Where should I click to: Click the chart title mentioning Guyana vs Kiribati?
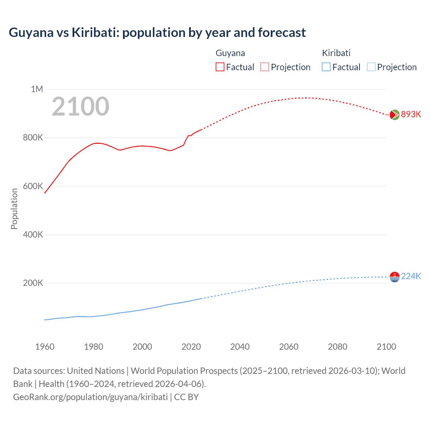pyautogui.click(x=157, y=33)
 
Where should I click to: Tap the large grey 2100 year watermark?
pyautogui.click(x=80, y=106)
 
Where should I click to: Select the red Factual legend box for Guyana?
pyautogui.click(x=220, y=67)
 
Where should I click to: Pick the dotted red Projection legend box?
pyautogui.click(x=265, y=67)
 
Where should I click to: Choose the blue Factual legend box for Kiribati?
pyautogui.click(x=326, y=67)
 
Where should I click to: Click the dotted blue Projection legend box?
pyautogui.click(x=371, y=67)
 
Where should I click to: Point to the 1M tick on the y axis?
pyautogui.click(x=37, y=89)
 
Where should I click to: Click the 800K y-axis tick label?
pyautogui.click(x=33, y=137)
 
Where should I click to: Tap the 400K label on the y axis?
pyautogui.click(x=33, y=234)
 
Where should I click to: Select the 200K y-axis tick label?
pyautogui.click(x=33, y=283)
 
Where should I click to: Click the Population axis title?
pyautogui.click(x=14, y=209)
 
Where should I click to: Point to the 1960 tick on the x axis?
pyautogui.click(x=45, y=347)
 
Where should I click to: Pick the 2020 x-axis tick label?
pyautogui.click(x=191, y=347)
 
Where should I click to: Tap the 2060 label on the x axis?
pyautogui.click(x=289, y=347)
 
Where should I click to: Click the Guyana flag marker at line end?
pyautogui.click(x=394, y=115)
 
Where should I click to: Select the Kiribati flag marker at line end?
pyautogui.click(x=394, y=277)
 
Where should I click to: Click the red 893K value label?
pyautogui.click(x=411, y=114)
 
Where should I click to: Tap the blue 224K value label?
pyautogui.click(x=411, y=276)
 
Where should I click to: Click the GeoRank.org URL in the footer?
pyautogui.click(x=90, y=397)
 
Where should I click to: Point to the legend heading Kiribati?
pyautogui.click(x=336, y=53)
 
